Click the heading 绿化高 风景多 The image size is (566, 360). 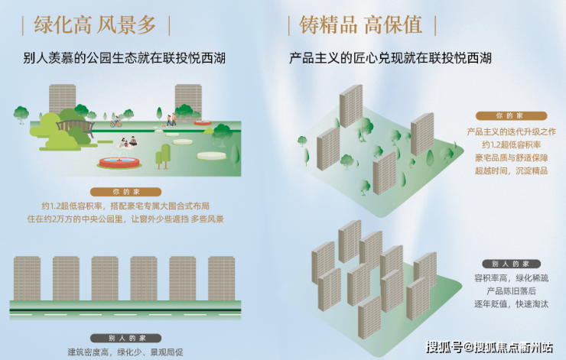[95, 25]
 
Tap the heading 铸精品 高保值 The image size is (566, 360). [360, 25]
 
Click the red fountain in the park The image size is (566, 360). [119, 162]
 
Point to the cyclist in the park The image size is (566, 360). [115, 122]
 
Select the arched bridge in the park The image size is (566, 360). [75, 127]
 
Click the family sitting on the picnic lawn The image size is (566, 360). [128, 141]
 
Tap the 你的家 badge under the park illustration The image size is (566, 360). [125, 192]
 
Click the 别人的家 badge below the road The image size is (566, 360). [125, 338]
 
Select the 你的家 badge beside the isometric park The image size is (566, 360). [511, 115]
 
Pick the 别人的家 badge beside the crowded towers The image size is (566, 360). [511, 264]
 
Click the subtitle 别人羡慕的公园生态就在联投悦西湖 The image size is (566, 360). [125, 58]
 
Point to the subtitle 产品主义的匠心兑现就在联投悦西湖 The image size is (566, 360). [390, 58]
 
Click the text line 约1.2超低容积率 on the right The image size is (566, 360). [511, 144]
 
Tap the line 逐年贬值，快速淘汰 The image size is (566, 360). [511, 303]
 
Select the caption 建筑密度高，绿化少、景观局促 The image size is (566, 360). [125, 352]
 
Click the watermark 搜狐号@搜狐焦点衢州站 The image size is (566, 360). [490, 347]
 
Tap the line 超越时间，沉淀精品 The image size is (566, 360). [511, 170]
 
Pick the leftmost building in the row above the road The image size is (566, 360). [27, 278]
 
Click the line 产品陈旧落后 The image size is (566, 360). [511, 290]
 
